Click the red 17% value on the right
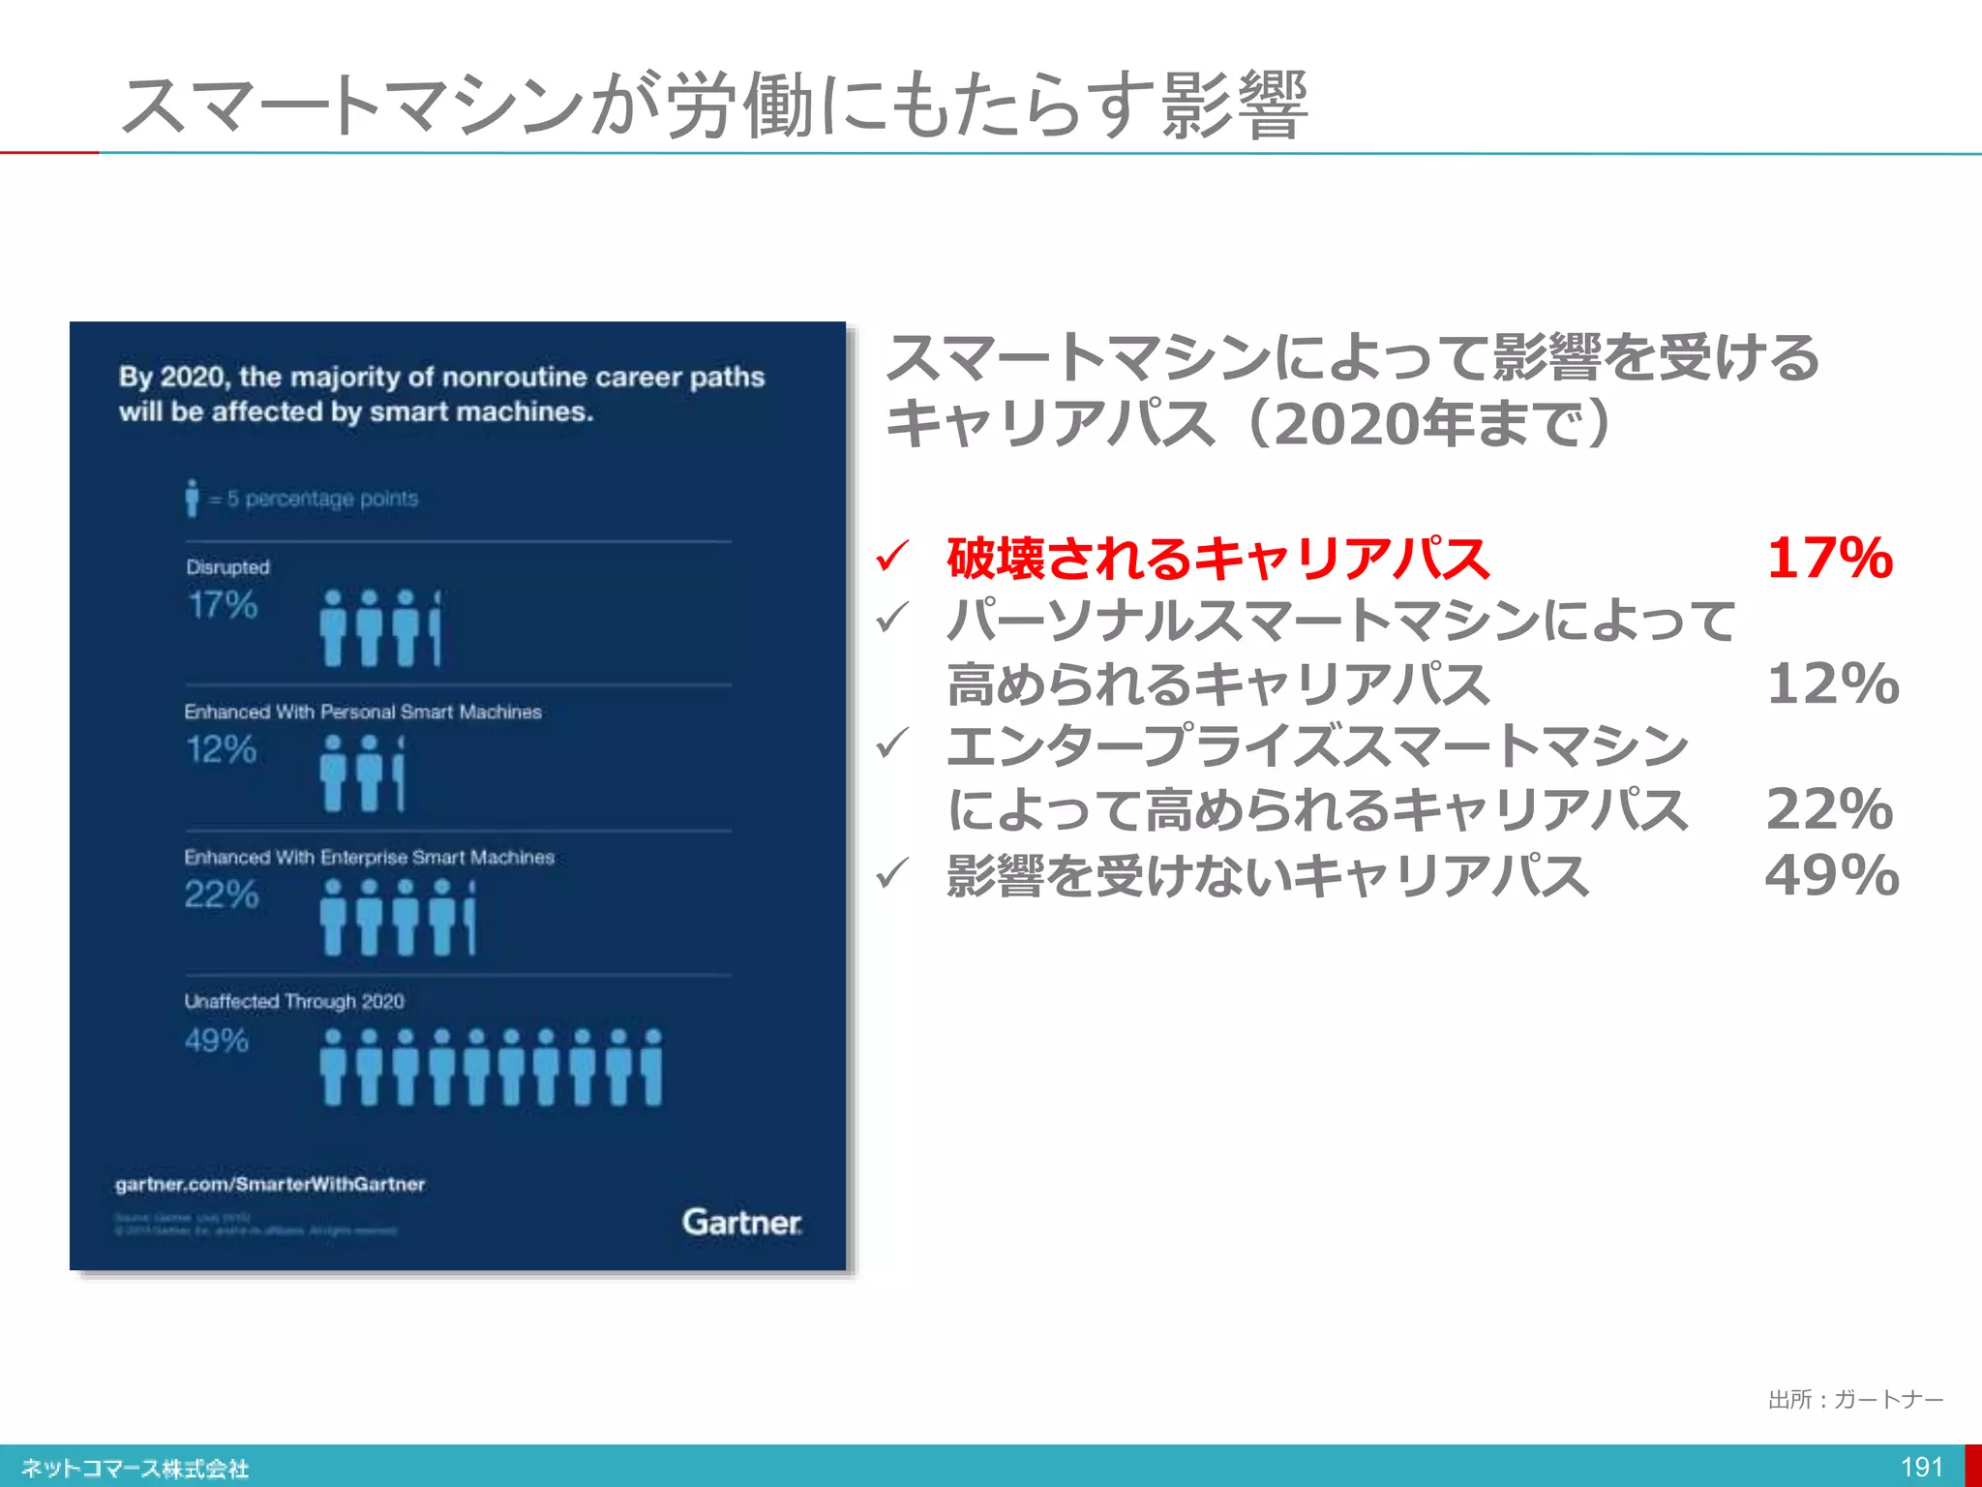coord(1829,559)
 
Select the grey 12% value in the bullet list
coord(1832,684)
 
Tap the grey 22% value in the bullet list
coord(1829,809)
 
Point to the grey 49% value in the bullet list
coord(1831,875)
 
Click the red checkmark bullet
coord(891,557)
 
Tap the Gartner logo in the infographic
coord(742,1222)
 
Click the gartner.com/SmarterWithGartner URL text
coord(270,1184)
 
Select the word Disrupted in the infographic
coord(227,567)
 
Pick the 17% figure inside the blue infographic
coord(223,606)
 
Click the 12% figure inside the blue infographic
coord(221,749)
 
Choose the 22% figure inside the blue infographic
coord(222,895)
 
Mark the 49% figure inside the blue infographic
coord(217,1041)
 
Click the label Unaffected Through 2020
coord(294,1001)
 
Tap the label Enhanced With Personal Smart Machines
coord(363,712)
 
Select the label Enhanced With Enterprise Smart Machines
coord(369,857)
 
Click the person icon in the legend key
coord(192,498)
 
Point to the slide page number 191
coord(1921,1468)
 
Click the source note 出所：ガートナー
coord(1855,1400)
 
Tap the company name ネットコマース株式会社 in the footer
coord(135,1469)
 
